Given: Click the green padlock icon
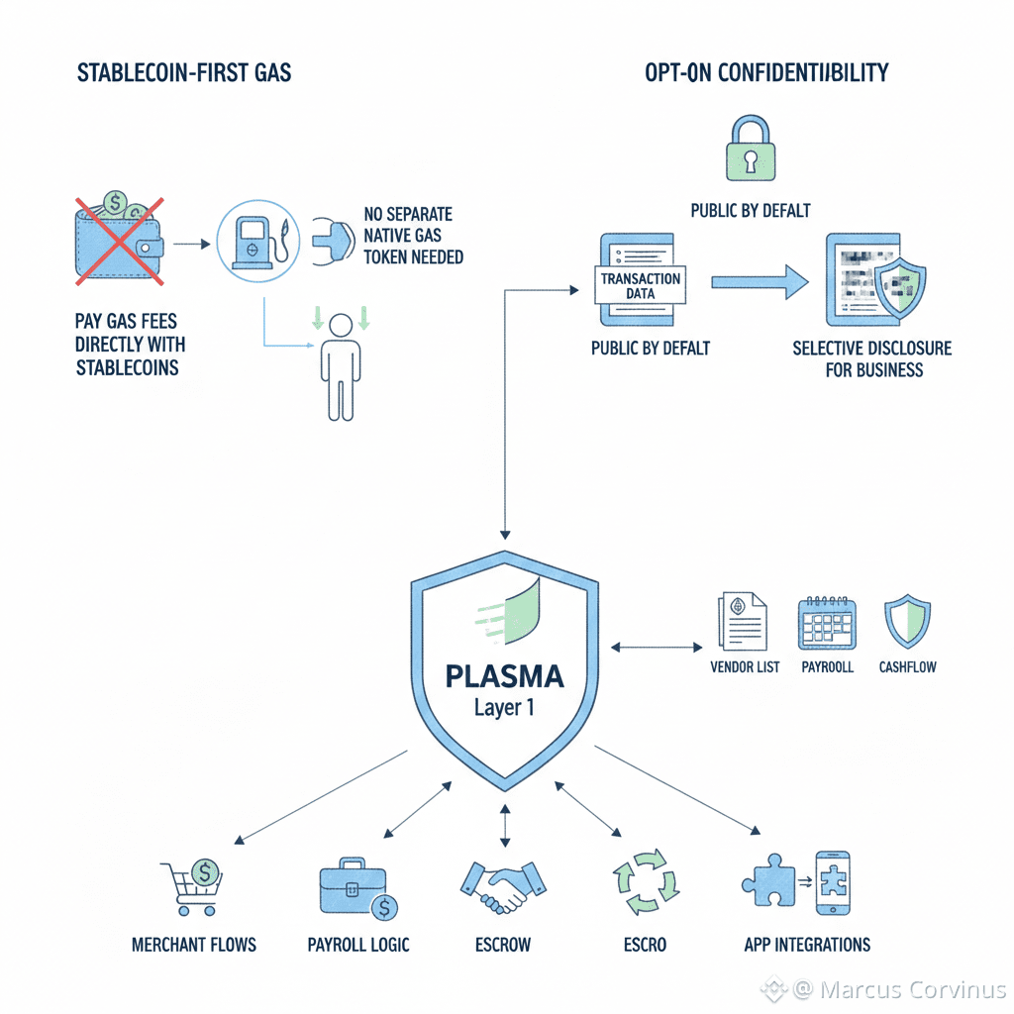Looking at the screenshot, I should (750, 150).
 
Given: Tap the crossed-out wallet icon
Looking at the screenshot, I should (117, 241).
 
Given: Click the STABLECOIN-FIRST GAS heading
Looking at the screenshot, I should (184, 72).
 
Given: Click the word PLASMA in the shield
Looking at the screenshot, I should (505, 676).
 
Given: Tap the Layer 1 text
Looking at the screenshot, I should (505, 709).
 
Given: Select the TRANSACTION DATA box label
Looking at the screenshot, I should (640, 285).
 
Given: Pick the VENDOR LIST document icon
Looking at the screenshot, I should (741, 622).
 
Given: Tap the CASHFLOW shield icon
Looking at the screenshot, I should (906, 622).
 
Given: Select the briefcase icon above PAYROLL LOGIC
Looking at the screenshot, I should (353, 887).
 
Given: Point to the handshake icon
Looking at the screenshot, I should (502, 885).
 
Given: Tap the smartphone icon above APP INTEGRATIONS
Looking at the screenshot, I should (833, 883).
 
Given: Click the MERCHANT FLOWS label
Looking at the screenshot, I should (194, 944).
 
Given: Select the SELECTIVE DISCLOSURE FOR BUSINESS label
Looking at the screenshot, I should (872, 359).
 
